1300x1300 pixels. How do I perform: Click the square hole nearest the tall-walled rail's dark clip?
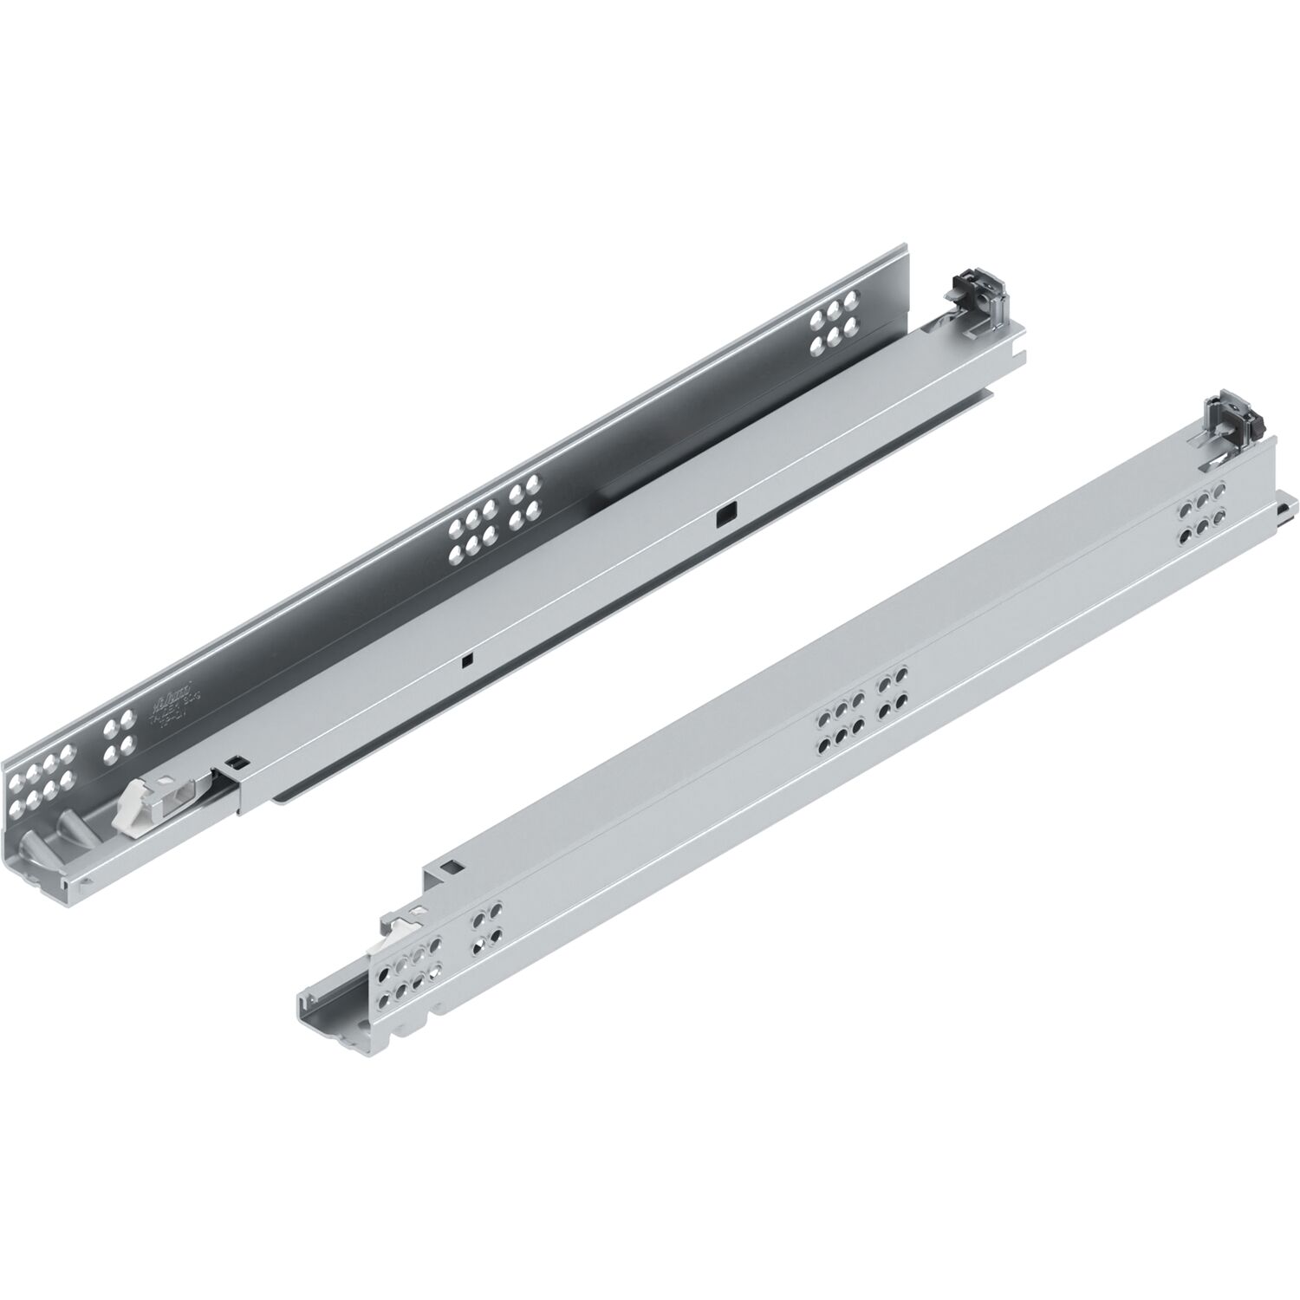(721, 518)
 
